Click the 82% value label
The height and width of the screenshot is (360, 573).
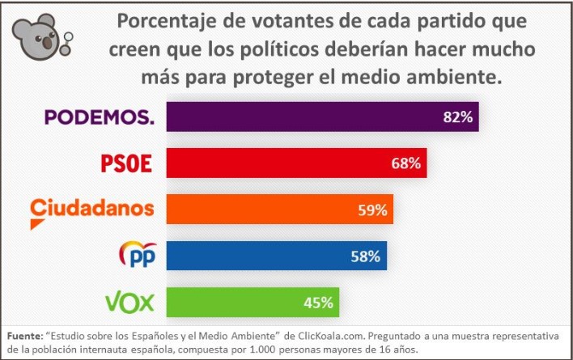(457, 117)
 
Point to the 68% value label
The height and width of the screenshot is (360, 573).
(405, 163)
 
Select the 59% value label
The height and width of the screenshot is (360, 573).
(372, 210)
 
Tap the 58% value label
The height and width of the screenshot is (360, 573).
(365, 256)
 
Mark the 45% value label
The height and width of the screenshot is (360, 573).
(319, 303)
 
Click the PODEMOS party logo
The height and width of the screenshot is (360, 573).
(98, 117)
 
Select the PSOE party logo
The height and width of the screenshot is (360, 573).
(126, 163)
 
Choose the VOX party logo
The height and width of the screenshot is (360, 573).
(129, 302)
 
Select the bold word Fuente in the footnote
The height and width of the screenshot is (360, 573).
(25, 335)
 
